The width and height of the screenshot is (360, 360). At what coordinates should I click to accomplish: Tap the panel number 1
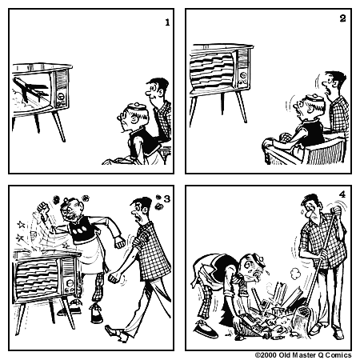click(167, 22)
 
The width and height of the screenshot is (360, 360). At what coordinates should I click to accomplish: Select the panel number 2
click(342, 18)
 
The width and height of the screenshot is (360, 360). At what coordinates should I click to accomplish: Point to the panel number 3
click(166, 198)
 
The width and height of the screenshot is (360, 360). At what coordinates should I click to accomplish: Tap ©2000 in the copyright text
click(267, 354)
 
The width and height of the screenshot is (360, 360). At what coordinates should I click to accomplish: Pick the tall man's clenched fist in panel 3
click(113, 278)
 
